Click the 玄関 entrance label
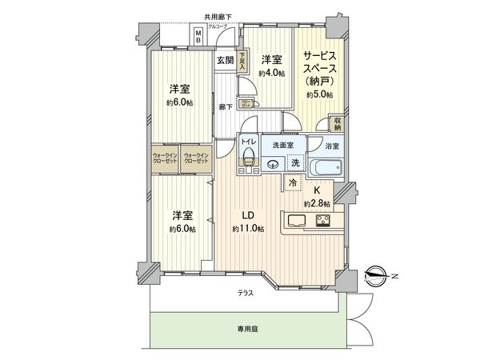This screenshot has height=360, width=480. tap(224, 60)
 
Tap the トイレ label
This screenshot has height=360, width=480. tap(248, 143)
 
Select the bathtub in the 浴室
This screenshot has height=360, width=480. tap(326, 169)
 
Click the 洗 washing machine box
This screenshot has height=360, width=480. tap(295, 163)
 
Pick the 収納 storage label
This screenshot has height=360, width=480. tap(337, 124)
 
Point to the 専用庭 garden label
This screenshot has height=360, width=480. tap(245, 328)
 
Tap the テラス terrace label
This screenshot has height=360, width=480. tap(246, 293)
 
